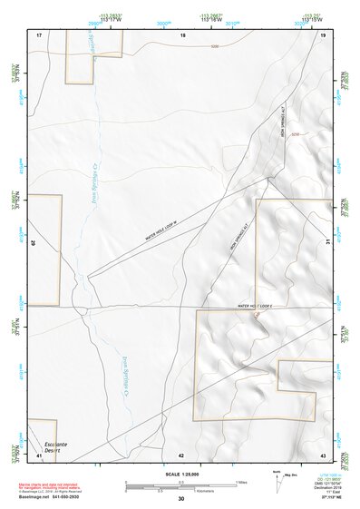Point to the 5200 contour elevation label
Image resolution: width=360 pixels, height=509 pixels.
[x=215, y=46]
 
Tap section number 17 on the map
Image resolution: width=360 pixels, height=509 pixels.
[x=39, y=34]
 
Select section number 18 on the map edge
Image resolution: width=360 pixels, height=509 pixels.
[x=182, y=34]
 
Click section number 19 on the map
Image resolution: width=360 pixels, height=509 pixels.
[x=323, y=34]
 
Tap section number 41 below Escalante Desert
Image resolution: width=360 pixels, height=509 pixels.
[x=39, y=455]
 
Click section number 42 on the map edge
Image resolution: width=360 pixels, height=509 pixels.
[x=181, y=455]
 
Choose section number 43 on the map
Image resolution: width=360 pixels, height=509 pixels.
[x=323, y=455]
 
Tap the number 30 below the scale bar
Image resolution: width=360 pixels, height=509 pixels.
[x=180, y=500]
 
